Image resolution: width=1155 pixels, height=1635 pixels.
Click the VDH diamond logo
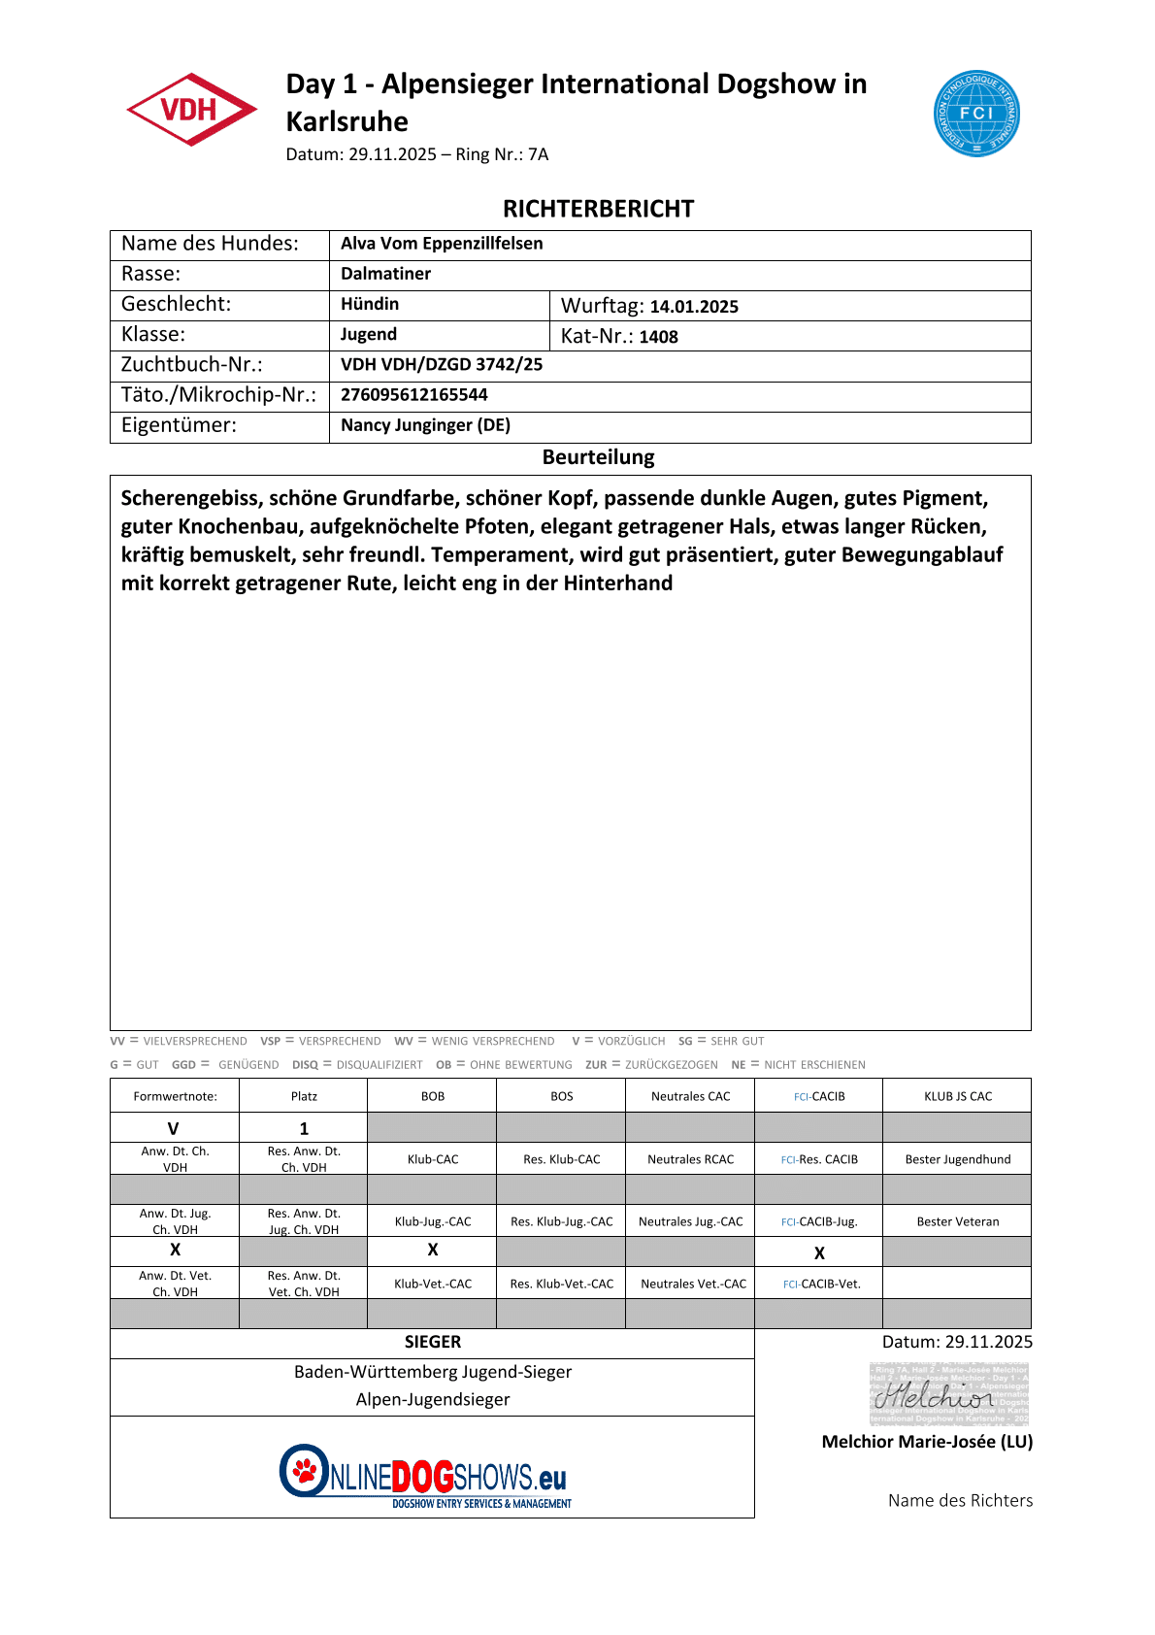point(191,109)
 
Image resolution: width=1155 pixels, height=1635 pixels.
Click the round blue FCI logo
point(975,113)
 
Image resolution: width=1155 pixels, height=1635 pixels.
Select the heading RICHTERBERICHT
point(598,209)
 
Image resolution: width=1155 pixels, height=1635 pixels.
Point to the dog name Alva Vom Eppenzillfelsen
point(442,244)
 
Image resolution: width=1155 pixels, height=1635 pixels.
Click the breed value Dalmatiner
point(385,274)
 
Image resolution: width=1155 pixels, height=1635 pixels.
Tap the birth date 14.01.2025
point(694,307)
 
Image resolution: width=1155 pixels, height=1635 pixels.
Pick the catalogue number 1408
point(658,337)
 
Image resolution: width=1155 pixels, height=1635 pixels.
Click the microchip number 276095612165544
point(414,395)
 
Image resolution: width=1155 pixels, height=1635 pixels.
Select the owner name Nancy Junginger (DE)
point(425,425)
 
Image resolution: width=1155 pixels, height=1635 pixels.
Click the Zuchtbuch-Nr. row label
point(191,365)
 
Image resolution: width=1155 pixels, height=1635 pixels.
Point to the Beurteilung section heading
point(598,457)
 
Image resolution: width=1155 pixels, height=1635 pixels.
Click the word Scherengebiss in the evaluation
point(191,499)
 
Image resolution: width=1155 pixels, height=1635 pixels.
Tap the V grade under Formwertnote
point(174,1128)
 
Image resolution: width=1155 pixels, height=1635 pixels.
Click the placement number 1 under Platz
point(304,1128)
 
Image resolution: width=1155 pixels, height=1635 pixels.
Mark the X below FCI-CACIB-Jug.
point(819,1253)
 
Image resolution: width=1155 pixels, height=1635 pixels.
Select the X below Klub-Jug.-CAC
point(433,1251)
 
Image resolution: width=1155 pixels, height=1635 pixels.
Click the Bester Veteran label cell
point(957,1221)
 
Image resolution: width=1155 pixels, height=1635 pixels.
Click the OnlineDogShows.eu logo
point(425,1475)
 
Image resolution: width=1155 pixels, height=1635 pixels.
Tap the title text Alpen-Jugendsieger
point(433,1399)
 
